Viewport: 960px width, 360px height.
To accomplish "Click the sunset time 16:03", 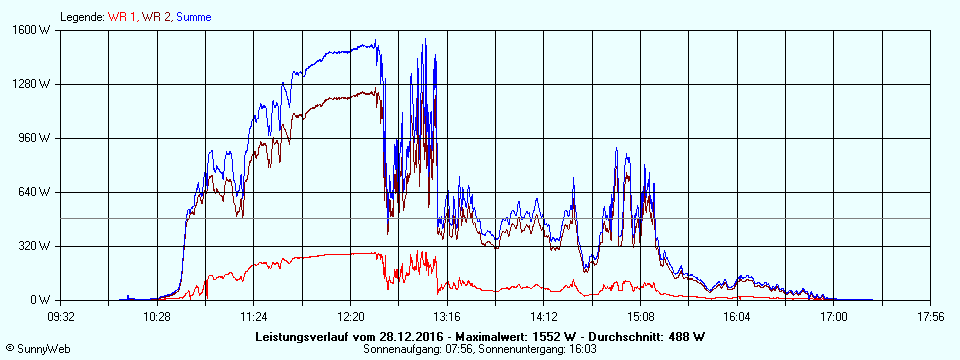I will [581, 348].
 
